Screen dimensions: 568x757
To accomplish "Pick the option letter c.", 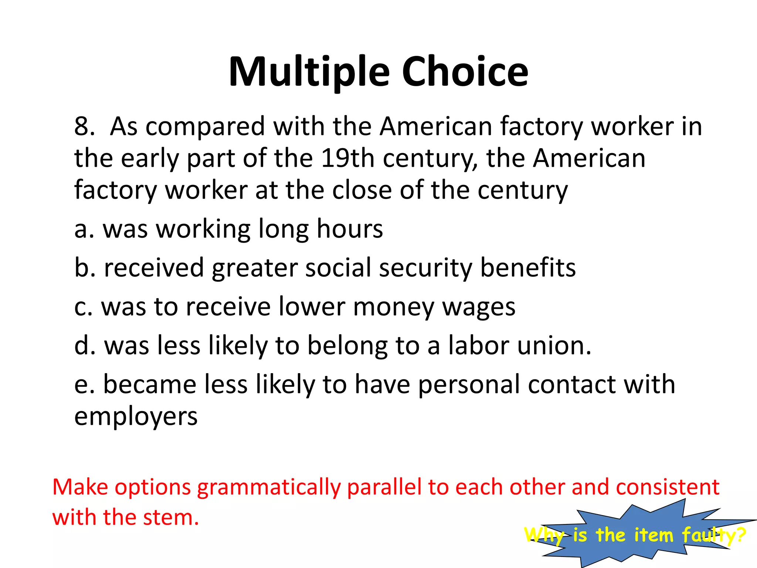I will (81, 307).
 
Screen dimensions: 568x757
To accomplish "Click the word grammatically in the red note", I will (268, 487).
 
